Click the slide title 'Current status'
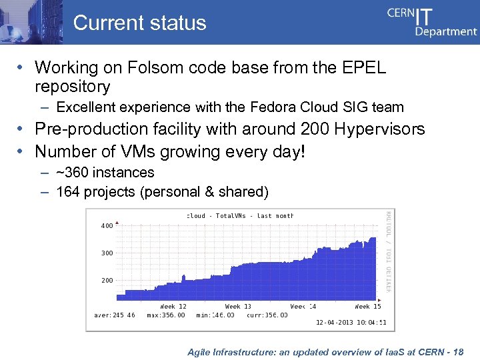139,23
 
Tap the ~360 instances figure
71,173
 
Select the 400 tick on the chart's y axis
107,225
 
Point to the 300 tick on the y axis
107,253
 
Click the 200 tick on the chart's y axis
107,280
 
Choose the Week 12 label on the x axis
173,307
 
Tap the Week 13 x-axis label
237,307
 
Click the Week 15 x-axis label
367,307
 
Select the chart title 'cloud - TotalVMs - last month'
240,216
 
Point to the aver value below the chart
114,315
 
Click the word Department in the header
446,31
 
